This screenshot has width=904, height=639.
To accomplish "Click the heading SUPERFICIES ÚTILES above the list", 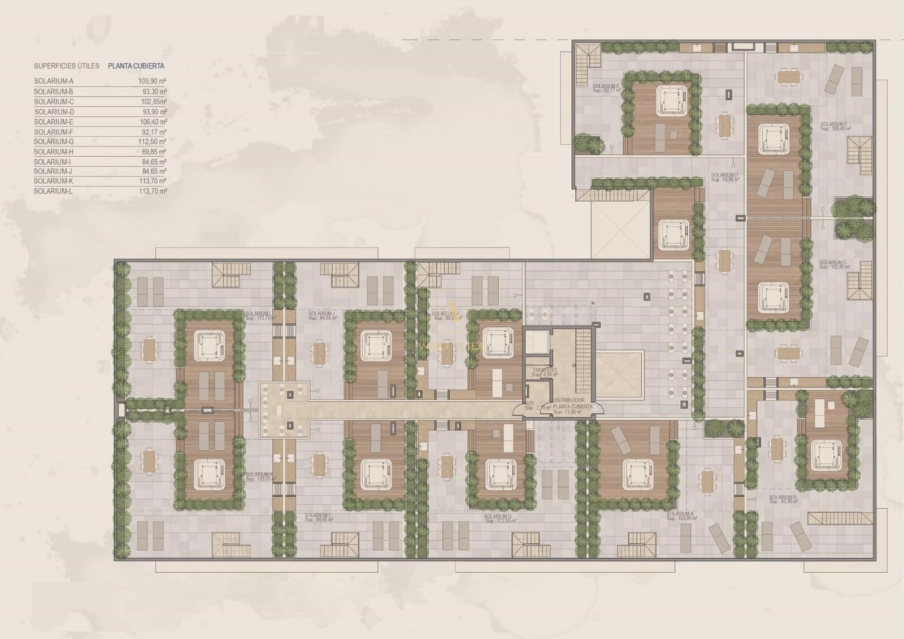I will coord(67,66).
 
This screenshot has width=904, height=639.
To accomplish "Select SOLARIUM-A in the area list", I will coord(54,81).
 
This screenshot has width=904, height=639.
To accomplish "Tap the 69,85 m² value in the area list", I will coord(153,152).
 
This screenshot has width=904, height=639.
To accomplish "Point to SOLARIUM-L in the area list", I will coord(54,192).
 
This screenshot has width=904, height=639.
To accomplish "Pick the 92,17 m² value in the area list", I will coord(153,132).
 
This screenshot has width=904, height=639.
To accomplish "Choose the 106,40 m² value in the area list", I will coord(153,122).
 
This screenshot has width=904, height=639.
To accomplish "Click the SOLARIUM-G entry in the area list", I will coord(54,142).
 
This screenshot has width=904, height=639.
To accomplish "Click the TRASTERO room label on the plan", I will coord(544,370).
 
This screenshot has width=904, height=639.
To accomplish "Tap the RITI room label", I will coord(529,403).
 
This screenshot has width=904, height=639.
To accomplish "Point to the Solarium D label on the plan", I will coord(725,176).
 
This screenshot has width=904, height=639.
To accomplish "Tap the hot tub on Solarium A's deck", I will coord(637,472).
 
